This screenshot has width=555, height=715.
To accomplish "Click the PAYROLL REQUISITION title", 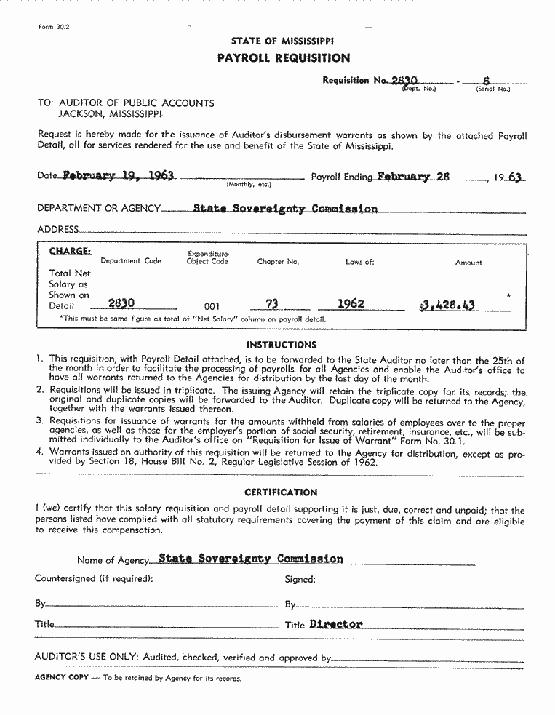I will click(283, 58).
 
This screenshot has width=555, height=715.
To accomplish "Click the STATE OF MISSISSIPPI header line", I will click(283, 41).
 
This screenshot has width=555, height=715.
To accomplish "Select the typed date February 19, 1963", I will click(118, 176).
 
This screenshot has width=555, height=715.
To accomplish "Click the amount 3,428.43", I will click(447, 305).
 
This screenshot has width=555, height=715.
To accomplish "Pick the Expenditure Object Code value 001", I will click(212, 306).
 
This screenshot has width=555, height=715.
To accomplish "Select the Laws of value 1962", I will click(351, 304).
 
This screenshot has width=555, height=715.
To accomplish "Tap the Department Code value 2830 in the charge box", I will click(121, 304).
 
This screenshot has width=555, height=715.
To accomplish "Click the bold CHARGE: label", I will click(70, 251).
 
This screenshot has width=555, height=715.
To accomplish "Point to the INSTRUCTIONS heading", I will click(282, 345).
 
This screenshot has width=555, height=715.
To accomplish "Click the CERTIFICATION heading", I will click(281, 492).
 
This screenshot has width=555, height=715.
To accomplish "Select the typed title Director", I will click(335, 624).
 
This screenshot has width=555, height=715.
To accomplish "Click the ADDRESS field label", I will click(57, 229).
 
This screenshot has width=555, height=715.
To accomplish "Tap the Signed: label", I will click(300, 580).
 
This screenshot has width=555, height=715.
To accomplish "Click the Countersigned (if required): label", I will click(94, 579).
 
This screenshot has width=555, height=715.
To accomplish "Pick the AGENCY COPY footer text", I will click(62, 677).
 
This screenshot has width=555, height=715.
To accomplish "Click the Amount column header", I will click(468, 263).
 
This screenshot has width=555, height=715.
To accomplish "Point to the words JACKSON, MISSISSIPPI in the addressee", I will click(111, 114).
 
